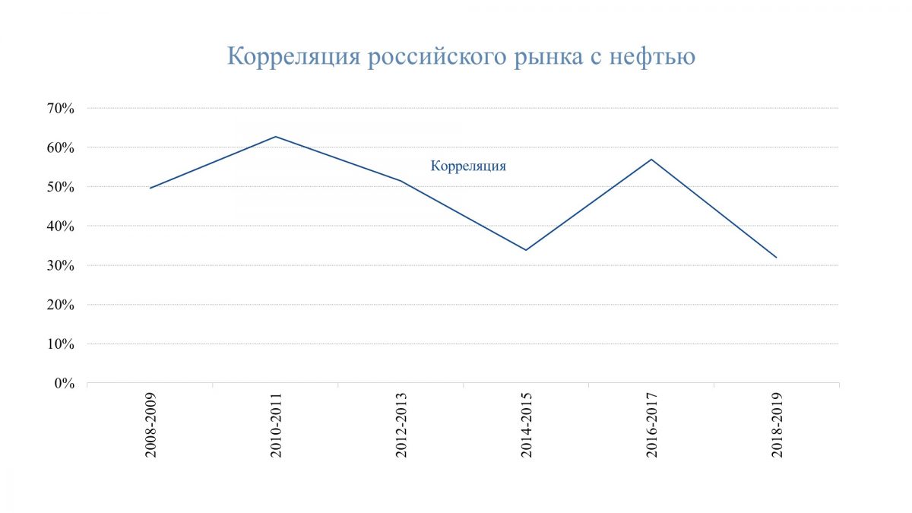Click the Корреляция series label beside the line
click(x=468, y=166)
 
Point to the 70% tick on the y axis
click(x=62, y=108)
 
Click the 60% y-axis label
click(x=62, y=147)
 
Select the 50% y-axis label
click(x=62, y=187)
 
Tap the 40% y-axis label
click(x=62, y=226)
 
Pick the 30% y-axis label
click(x=62, y=265)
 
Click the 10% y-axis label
click(x=62, y=344)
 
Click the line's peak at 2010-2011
click(x=275, y=137)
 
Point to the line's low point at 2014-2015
click(x=526, y=250)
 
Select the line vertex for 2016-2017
click(x=651, y=159)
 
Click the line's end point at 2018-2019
click(x=776, y=258)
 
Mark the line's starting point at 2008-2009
click(x=150, y=188)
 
